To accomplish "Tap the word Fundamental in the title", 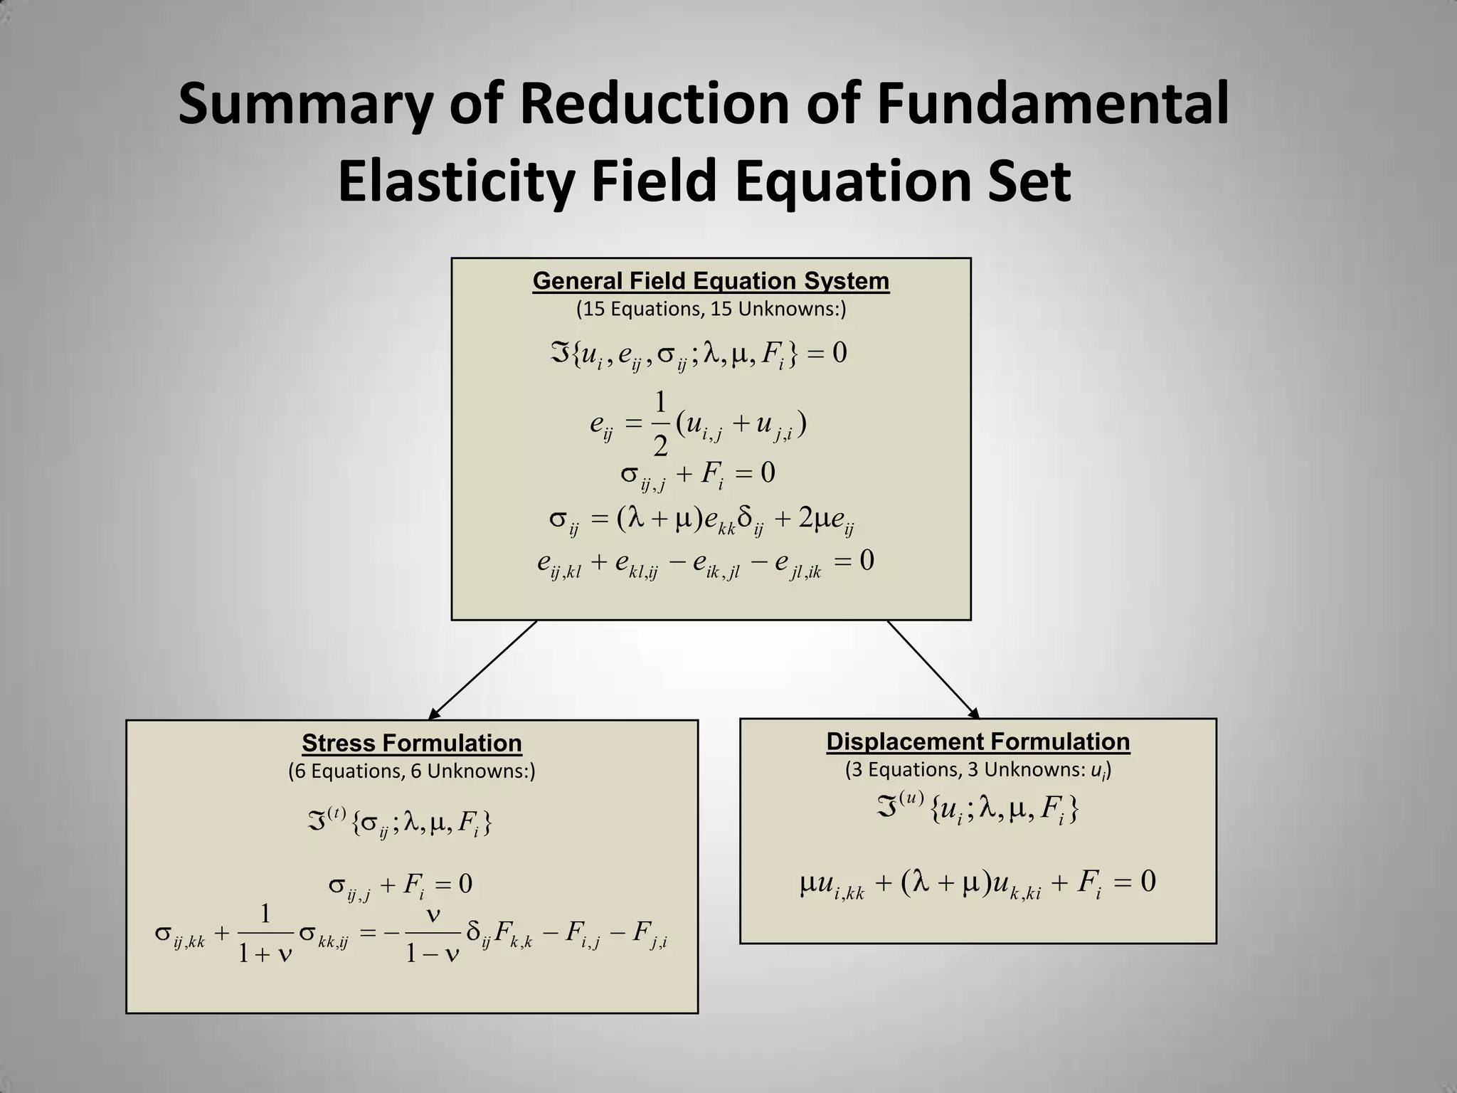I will point(1052,105).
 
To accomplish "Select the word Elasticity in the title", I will point(455,181).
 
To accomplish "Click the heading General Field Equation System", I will point(711,281).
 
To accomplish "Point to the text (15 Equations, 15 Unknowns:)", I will point(711,310).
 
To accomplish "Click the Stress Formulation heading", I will point(412,743).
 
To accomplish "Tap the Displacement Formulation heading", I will point(977,741).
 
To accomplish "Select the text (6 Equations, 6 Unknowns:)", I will point(412,771).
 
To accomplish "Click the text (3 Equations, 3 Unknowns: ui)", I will point(977,770).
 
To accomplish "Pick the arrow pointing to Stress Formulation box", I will point(484,669).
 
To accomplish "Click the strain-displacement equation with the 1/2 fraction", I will point(697,425).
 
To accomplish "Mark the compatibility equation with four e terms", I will point(705,563).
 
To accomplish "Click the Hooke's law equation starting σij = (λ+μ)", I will point(701,519).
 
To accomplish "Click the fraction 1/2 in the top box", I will point(660,425).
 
